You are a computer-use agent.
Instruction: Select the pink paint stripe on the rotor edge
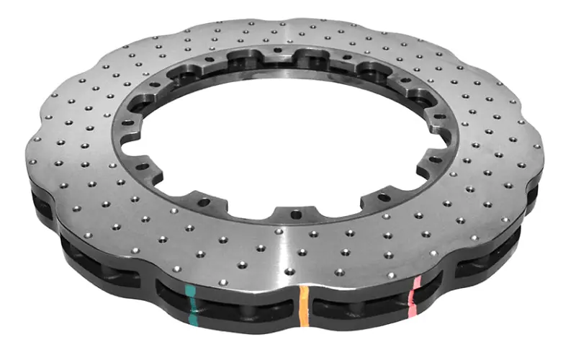pyautogui.click(x=414, y=295)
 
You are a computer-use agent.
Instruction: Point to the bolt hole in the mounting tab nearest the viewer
pyautogui.click(x=294, y=213)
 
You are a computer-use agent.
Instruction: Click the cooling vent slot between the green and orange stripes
pyautogui.click(x=245, y=306)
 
